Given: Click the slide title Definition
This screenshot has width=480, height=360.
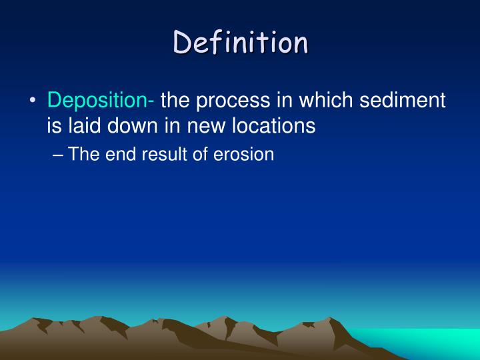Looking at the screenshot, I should tap(241, 43).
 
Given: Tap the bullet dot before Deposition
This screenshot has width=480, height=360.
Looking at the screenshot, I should tap(33, 101).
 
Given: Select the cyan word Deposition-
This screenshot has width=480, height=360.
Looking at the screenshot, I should tap(101, 101).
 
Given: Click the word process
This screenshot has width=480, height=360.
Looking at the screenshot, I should tap(231, 101).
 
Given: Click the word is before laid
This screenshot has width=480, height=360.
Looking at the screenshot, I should tap(54, 125).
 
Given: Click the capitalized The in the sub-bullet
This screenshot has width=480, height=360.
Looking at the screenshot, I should tap(84, 154).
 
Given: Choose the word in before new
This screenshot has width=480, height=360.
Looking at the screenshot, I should tap(175, 125).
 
